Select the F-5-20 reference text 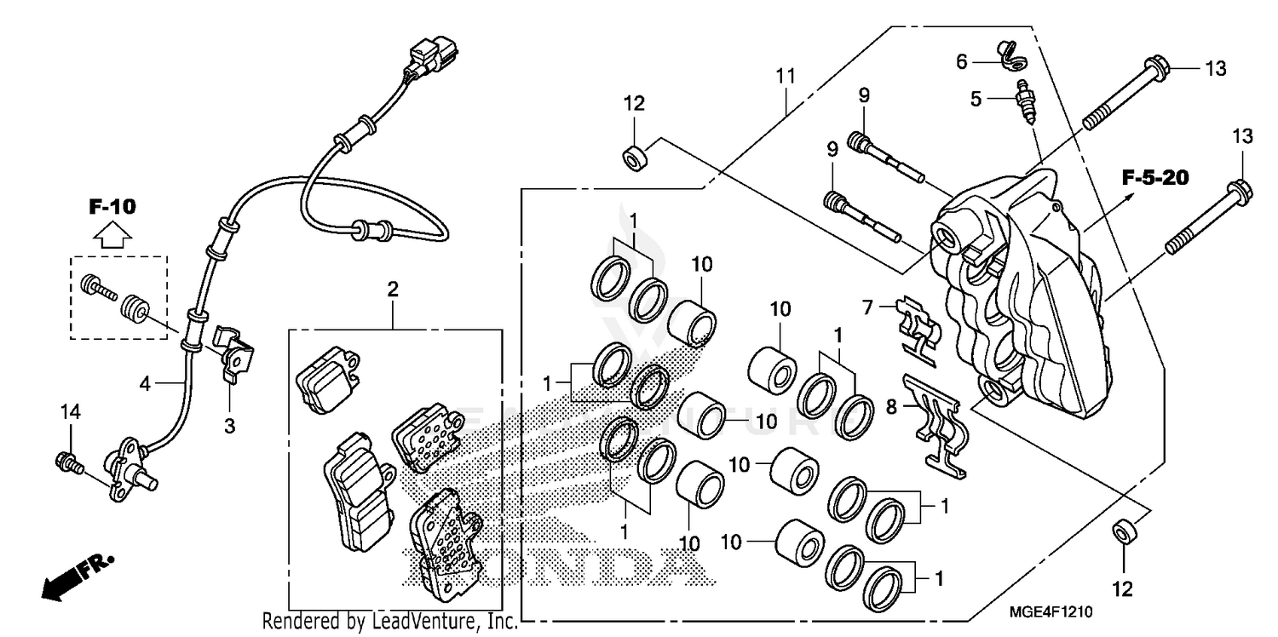(1154, 178)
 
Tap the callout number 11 (785, 75)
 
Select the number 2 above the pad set (393, 290)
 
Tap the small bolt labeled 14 (67, 462)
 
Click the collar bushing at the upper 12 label (633, 158)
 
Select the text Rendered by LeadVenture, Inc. (389, 622)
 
